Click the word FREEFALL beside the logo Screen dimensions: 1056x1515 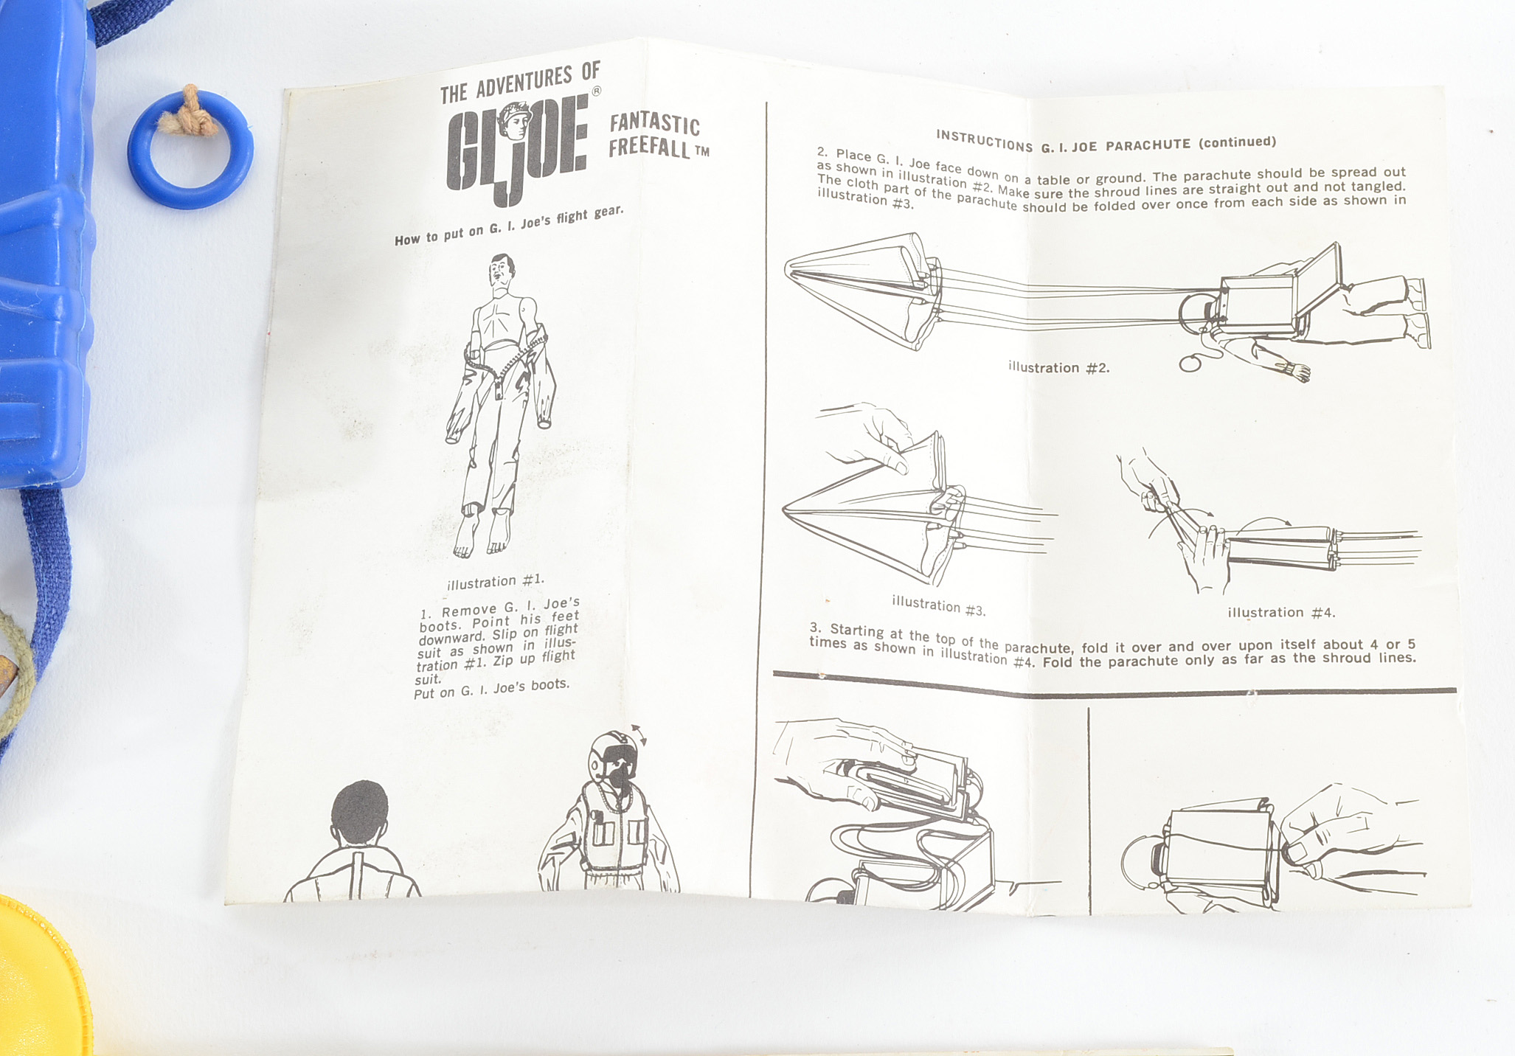tap(649, 147)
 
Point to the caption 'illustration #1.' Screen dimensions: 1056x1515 tap(495, 582)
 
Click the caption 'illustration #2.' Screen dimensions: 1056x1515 tap(1058, 367)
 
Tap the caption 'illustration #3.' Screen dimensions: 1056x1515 tap(938, 605)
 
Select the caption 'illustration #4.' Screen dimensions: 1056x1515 tap(1281, 612)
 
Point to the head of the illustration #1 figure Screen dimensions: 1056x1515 tap(502, 272)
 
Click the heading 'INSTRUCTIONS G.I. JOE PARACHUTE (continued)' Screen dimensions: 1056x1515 tap(1106, 142)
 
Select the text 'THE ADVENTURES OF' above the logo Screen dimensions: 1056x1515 tap(520, 83)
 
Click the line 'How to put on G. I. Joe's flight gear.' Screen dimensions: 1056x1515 tap(509, 226)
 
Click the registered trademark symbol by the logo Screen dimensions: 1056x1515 tap(597, 91)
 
